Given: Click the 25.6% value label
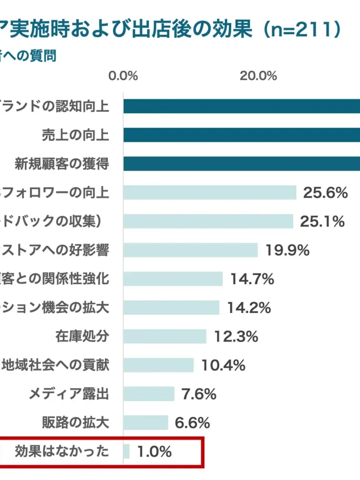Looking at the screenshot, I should pyautogui.click(x=325, y=193).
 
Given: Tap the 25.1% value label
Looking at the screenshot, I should pyautogui.click(x=322, y=222).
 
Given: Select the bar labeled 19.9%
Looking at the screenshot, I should pyautogui.click(x=191, y=250).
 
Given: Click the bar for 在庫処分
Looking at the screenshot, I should pyautogui.click(x=165, y=337).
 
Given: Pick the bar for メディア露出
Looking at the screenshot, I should pyautogui.click(x=149, y=394).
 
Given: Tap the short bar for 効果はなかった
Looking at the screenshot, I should pyautogui.click(x=127, y=451).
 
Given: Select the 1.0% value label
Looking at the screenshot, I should pyautogui.click(x=154, y=451).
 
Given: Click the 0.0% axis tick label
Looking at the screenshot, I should pyautogui.click(x=123, y=77).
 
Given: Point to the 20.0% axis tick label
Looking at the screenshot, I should pyautogui.click(x=258, y=77).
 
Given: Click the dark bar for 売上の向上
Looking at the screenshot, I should pyautogui.click(x=242, y=135).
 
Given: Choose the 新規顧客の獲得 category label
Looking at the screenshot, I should pyautogui.click(x=61, y=164).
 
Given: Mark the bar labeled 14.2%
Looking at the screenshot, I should pyautogui.click(x=171, y=308).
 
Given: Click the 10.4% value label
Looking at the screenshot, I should pyautogui.click(x=223, y=365).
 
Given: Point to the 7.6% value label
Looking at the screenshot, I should pyautogui.click(x=199, y=394).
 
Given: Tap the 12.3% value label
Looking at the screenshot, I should pyautogui.click(x=236, y=337).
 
